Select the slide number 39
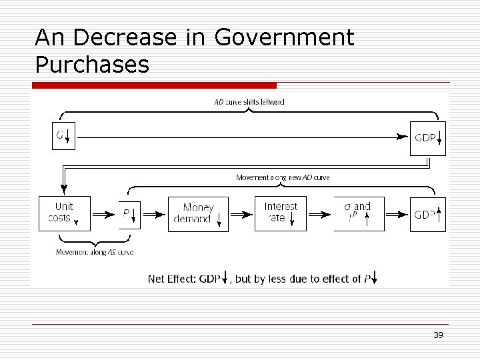[x=438, y=335]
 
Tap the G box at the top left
[x=64, y=137]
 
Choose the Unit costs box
[x=64, y=213]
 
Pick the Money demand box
[x=198, y=213]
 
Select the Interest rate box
[x=281, y=213]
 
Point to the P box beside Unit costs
[x=130, y=213]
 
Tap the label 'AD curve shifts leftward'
[x=249, y=102]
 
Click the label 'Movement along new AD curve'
[x=283, y=177]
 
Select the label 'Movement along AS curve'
[x=94, y=252]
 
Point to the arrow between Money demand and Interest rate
[x=241, y=214]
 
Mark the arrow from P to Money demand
[x=154, y=214]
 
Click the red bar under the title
[x=154, y=85]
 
